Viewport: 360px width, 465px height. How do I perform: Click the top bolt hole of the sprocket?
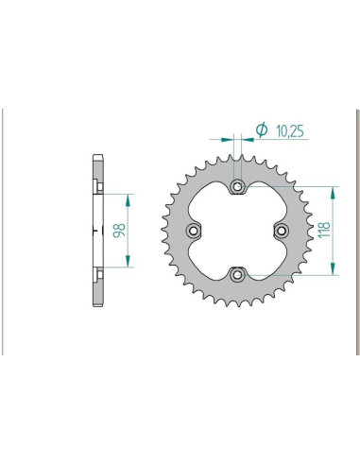pyautogui.click(x=237, y=186)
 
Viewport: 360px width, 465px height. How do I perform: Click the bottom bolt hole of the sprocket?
pyautogui.click(x=237, y=275)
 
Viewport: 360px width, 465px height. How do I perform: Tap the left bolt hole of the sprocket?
pyautogui.click(x=194, y=231)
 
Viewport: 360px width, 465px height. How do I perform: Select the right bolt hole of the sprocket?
pyautogui.click(x=281, y=231)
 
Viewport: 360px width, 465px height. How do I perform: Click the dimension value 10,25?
pyautogui.click(x=290, y=131)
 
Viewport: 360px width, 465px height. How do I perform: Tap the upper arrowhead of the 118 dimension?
pyautogui.click(x=333, y=190)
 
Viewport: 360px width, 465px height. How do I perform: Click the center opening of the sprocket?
pyautogui.click(x=237, y=231)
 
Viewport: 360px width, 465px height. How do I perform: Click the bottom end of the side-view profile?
pyautogui.click(x=96, y=307)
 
